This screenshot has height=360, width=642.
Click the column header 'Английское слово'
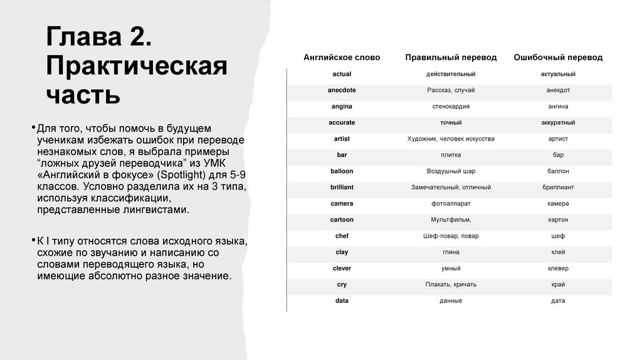pos(342,58)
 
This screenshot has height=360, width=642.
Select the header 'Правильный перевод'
pos(451,58)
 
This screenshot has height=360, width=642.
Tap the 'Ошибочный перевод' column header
pos(558,58)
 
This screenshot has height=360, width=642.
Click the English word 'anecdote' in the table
pos(342,90)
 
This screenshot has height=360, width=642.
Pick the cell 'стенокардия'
pos(451,107)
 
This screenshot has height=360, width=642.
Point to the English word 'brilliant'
pos(342,188)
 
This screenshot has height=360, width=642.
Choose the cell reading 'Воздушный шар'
pos(451,171)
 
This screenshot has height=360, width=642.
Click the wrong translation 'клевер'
pos(558,268)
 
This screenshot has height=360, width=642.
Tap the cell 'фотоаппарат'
pos(451,204)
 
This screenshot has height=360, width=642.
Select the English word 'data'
pos(342,301)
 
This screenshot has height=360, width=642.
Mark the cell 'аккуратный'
pos(558,123)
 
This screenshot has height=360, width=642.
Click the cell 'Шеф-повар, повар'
pos(451,236)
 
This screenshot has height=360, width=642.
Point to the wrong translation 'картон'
pos(558,220)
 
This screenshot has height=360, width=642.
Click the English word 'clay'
pos(342,252)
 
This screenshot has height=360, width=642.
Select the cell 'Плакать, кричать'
pos(451,285)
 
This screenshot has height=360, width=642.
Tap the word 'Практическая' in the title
pos(136,66)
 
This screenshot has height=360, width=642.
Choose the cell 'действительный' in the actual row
pos(451,74)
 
